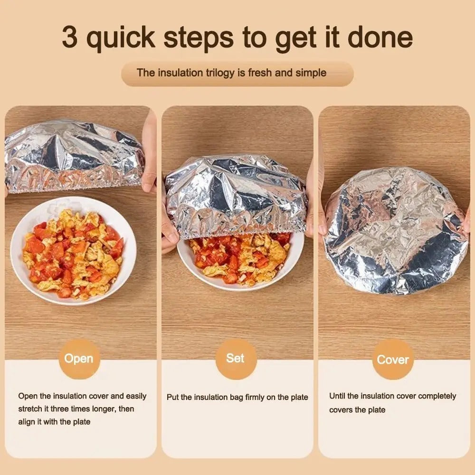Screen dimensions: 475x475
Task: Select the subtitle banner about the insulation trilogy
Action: (x=237, y=73)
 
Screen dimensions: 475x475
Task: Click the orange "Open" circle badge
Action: (x=79, y=359)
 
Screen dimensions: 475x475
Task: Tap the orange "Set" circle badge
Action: (x=236, y=359)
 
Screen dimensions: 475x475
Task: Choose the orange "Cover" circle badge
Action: (x=393, y=360)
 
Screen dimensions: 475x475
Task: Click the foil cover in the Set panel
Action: (x=236, y=195)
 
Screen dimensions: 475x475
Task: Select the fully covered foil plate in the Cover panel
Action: (x=395, y=230)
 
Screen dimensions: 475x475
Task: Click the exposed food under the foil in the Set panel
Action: (x=237, y=259)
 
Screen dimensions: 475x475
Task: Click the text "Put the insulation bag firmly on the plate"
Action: (x=237, y=397)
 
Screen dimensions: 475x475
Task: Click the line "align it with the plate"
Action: (x=54, y=421)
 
